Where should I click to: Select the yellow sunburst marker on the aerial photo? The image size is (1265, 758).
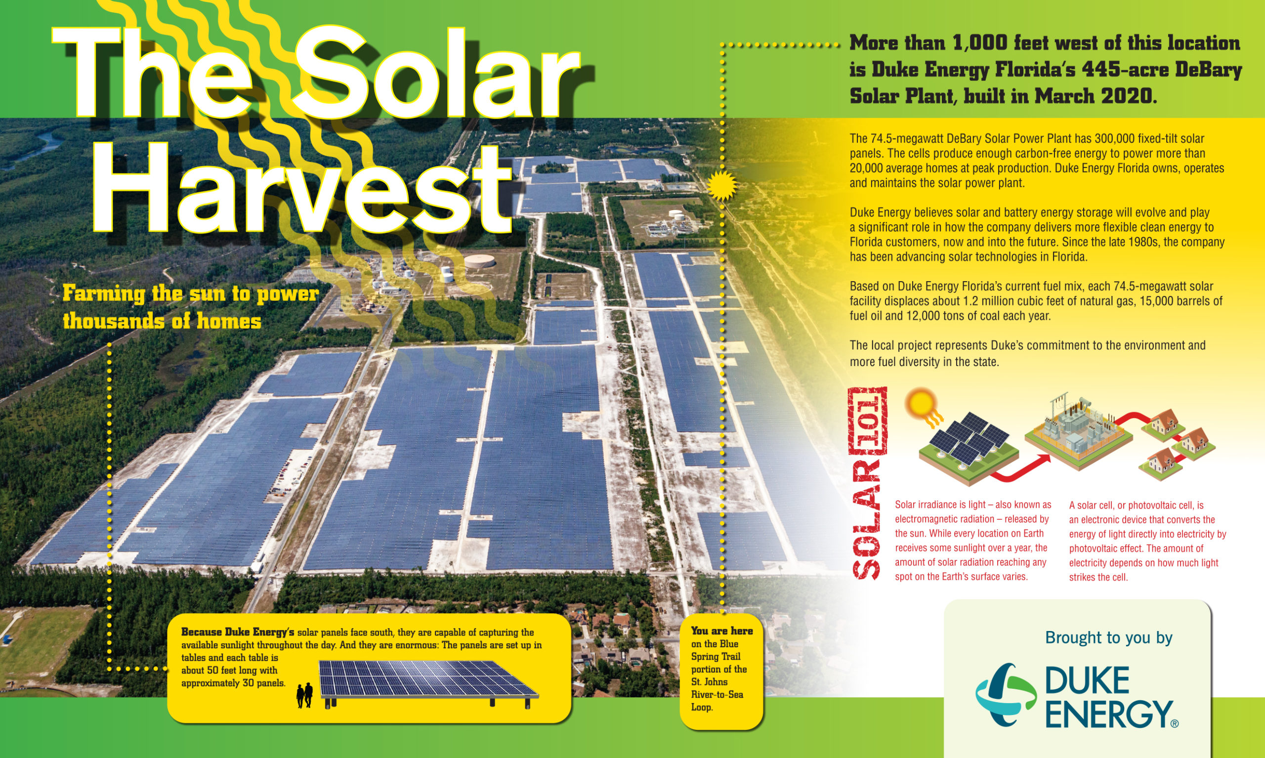722,185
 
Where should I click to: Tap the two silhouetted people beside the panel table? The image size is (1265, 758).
305,695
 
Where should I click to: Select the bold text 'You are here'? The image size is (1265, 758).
721,631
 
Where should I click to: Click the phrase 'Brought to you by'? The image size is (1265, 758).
1109,637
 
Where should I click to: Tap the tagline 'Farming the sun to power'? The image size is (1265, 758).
190,295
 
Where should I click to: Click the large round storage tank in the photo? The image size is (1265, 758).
479,261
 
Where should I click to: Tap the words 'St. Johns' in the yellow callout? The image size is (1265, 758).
710,682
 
